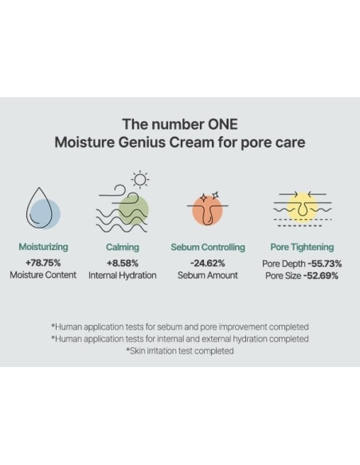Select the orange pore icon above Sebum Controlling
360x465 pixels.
(208, 209)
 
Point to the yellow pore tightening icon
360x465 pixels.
(303, 207)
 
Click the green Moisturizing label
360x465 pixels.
(43, 248)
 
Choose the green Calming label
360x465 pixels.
(122, 248)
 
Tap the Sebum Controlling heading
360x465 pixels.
(208, 248)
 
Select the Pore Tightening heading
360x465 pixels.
(302, 248)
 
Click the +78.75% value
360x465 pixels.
(43, 262)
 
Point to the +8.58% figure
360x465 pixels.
(122, 262)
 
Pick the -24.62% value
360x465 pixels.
(208, 262)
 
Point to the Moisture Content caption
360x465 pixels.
(43, 275)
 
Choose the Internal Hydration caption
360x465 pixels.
(122, 275)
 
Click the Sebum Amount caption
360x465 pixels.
(208, 275)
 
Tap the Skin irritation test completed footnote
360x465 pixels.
(180, 350)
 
